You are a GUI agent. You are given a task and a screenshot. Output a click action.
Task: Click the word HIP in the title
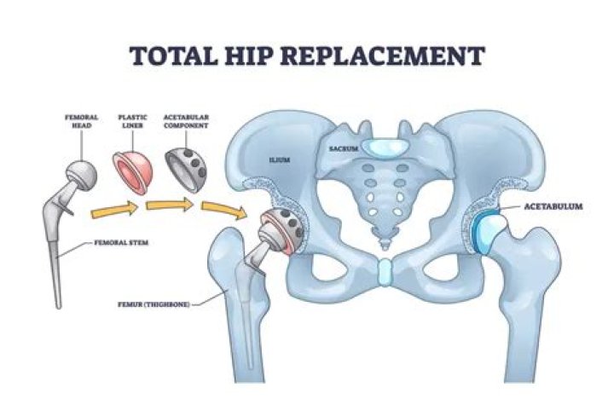click(x=257, y=56)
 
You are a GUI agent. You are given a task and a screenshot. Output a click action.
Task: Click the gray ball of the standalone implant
click(x=80, y=173)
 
